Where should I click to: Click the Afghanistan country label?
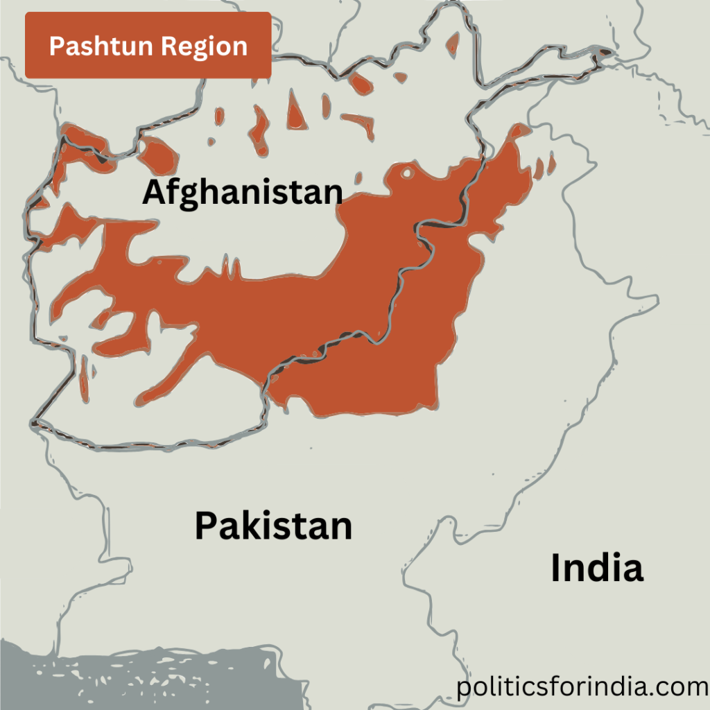[242, 192]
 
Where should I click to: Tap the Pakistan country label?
[273, 526]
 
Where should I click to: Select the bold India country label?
[596, 569]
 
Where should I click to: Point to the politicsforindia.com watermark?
[582, 688]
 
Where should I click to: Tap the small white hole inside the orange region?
[407, 173]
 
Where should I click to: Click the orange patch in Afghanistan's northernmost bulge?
[453, 43]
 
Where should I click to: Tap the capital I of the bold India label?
[557, 569]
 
